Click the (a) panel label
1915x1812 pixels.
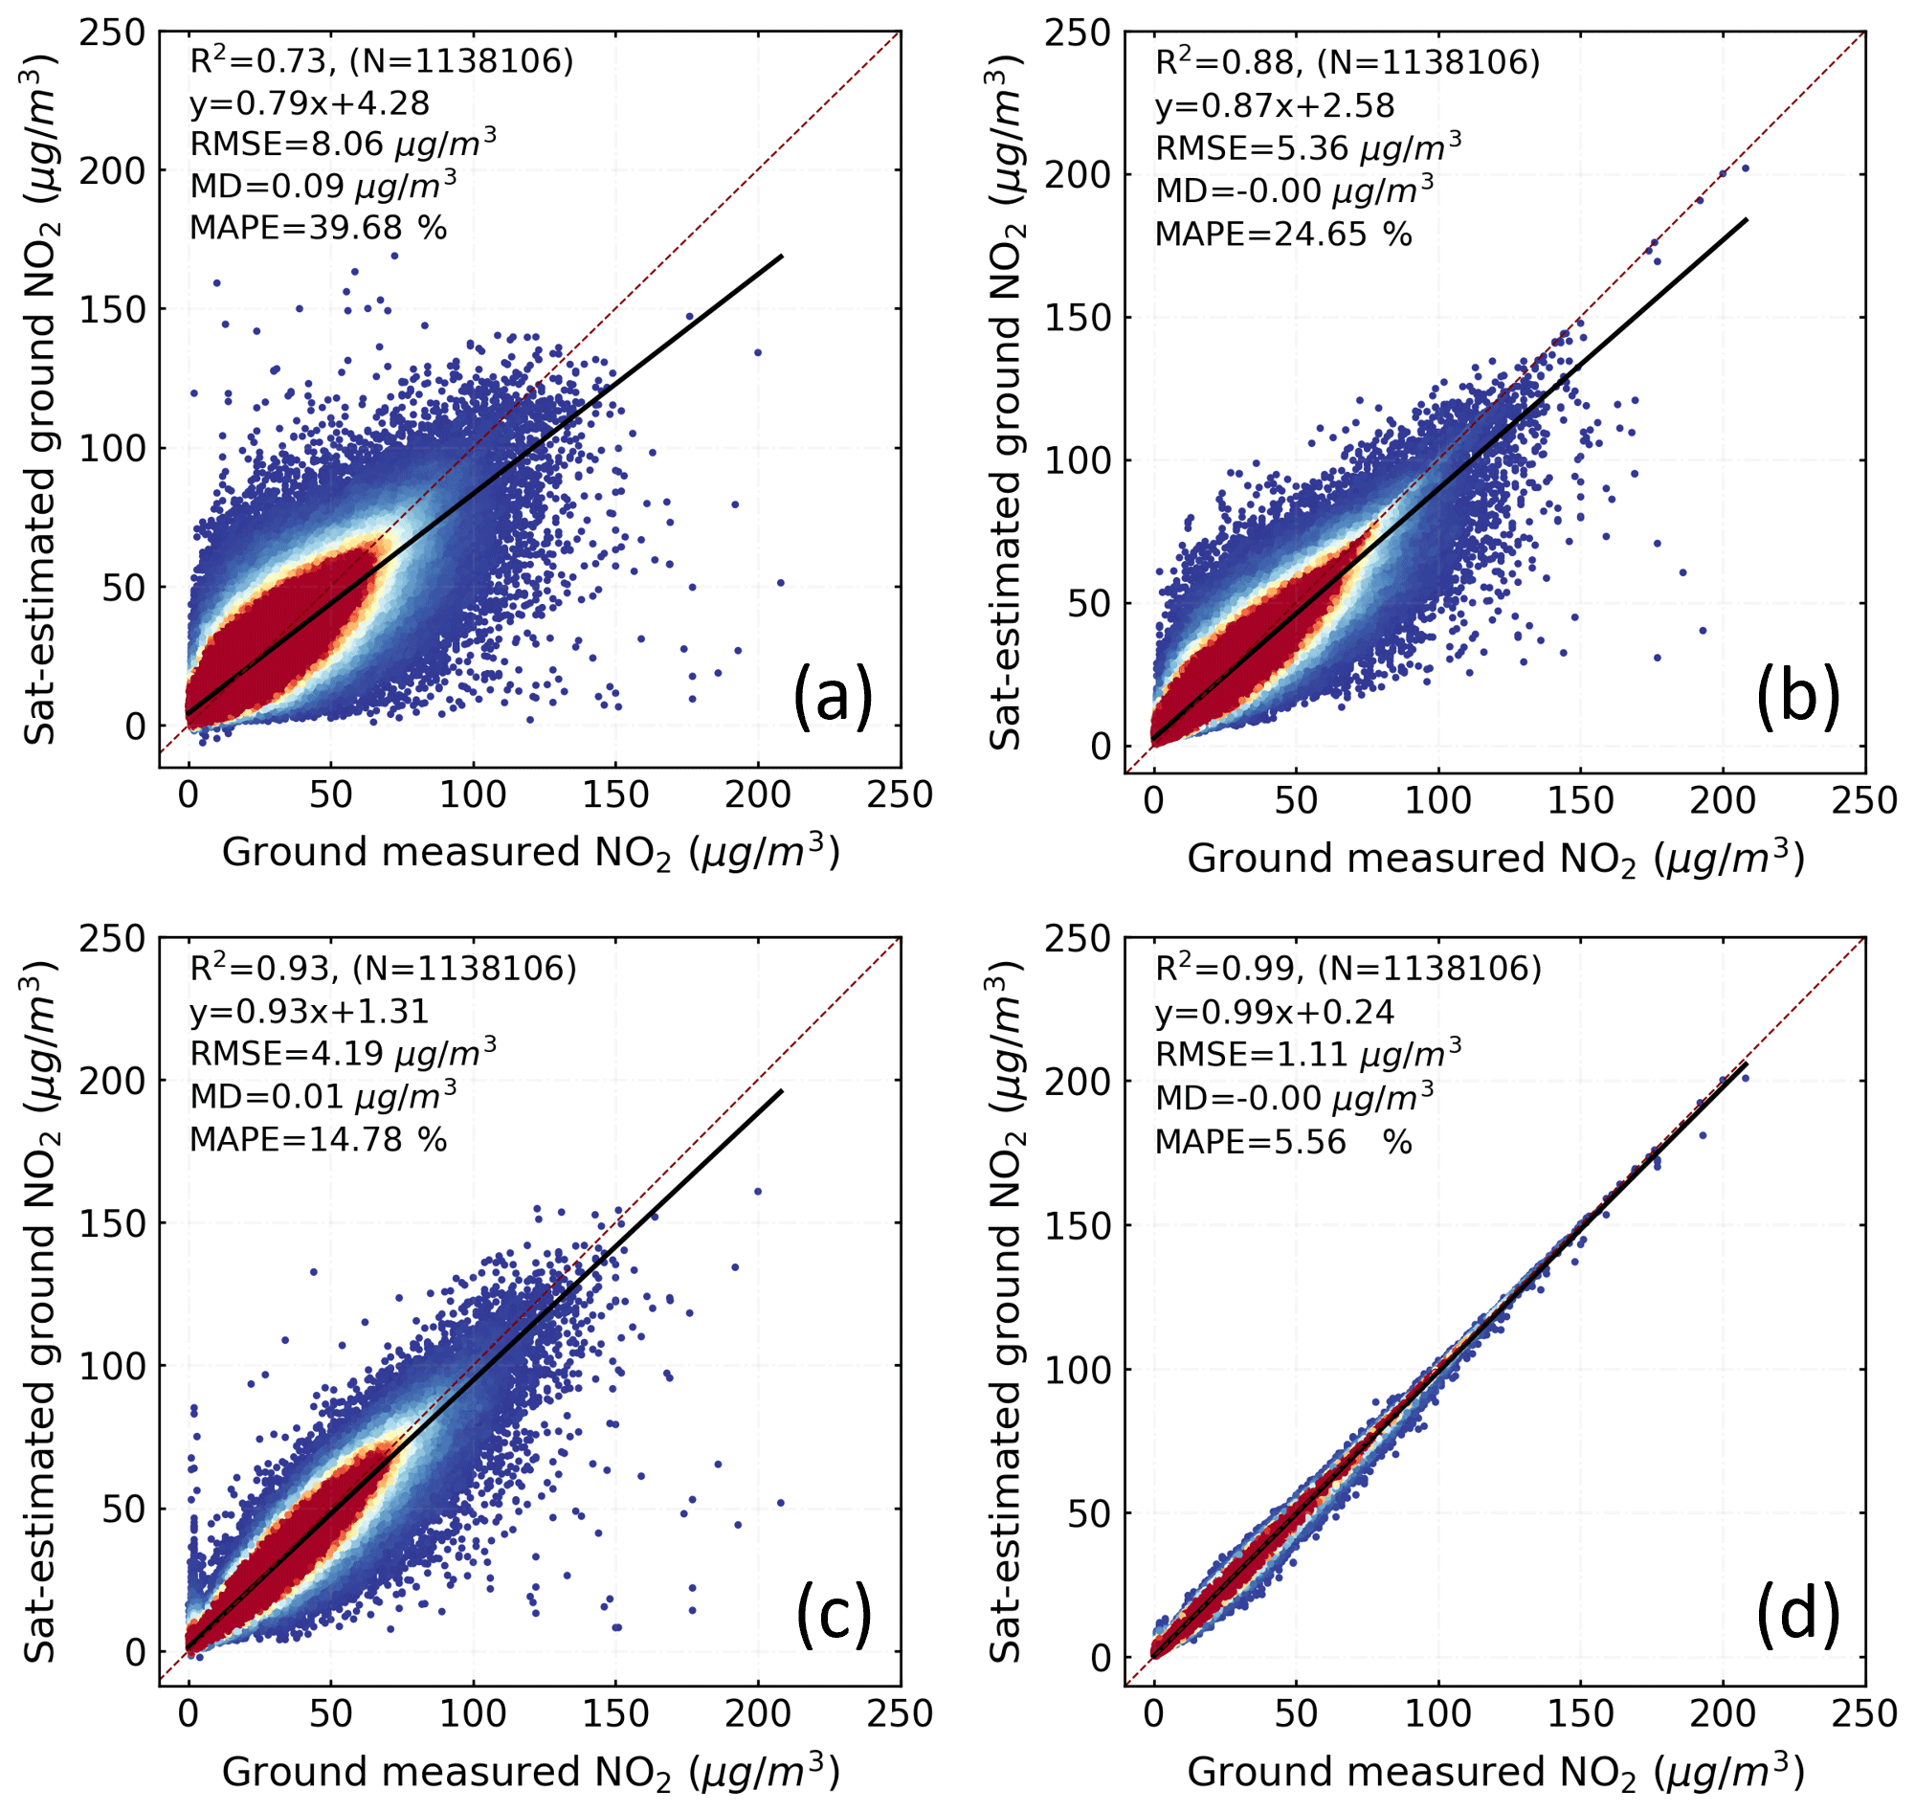pyautogui.click(x=833, y=698)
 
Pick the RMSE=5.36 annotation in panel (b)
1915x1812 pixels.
pyautogui.click(x=1307, y=147)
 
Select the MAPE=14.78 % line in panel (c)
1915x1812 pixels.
pyautogui.click(x=318, y=1140)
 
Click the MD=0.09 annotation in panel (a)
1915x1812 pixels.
pyautogui.click(x=323, y=186)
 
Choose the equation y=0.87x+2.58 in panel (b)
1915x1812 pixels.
pyautogui.click(x=1275, y=106)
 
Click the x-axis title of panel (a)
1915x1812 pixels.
pyautogui.click(x=530, y=853)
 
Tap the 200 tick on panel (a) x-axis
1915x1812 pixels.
pyautogui.click(x=757, y=794)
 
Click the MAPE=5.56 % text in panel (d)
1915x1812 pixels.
pyautogui.click(x=1283, y=1143)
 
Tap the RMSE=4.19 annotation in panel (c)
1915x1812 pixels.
pyautogui.click(x=343, y=1054)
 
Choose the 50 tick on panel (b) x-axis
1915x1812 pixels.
pyautogui.click(x=1295, y=801)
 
